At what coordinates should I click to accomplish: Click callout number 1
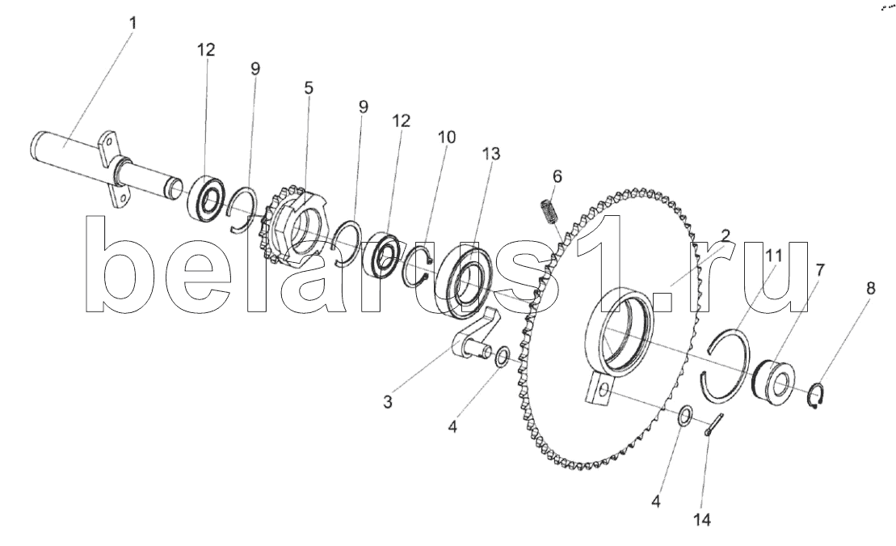(x=133, y=23)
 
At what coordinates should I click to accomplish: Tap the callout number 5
(x=309, y=87)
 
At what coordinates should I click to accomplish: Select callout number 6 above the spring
(x=557, y=176)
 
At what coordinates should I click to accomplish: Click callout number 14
(x=704, y=520)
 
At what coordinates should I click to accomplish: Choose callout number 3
(x=389, y=400)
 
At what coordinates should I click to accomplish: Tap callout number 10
(x=447, y=138)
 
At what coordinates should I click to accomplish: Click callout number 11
(x=773, y=256)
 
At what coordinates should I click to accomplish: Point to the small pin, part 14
(x=713, y=425)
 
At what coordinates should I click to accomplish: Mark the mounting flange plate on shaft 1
(x=111, y=171)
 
